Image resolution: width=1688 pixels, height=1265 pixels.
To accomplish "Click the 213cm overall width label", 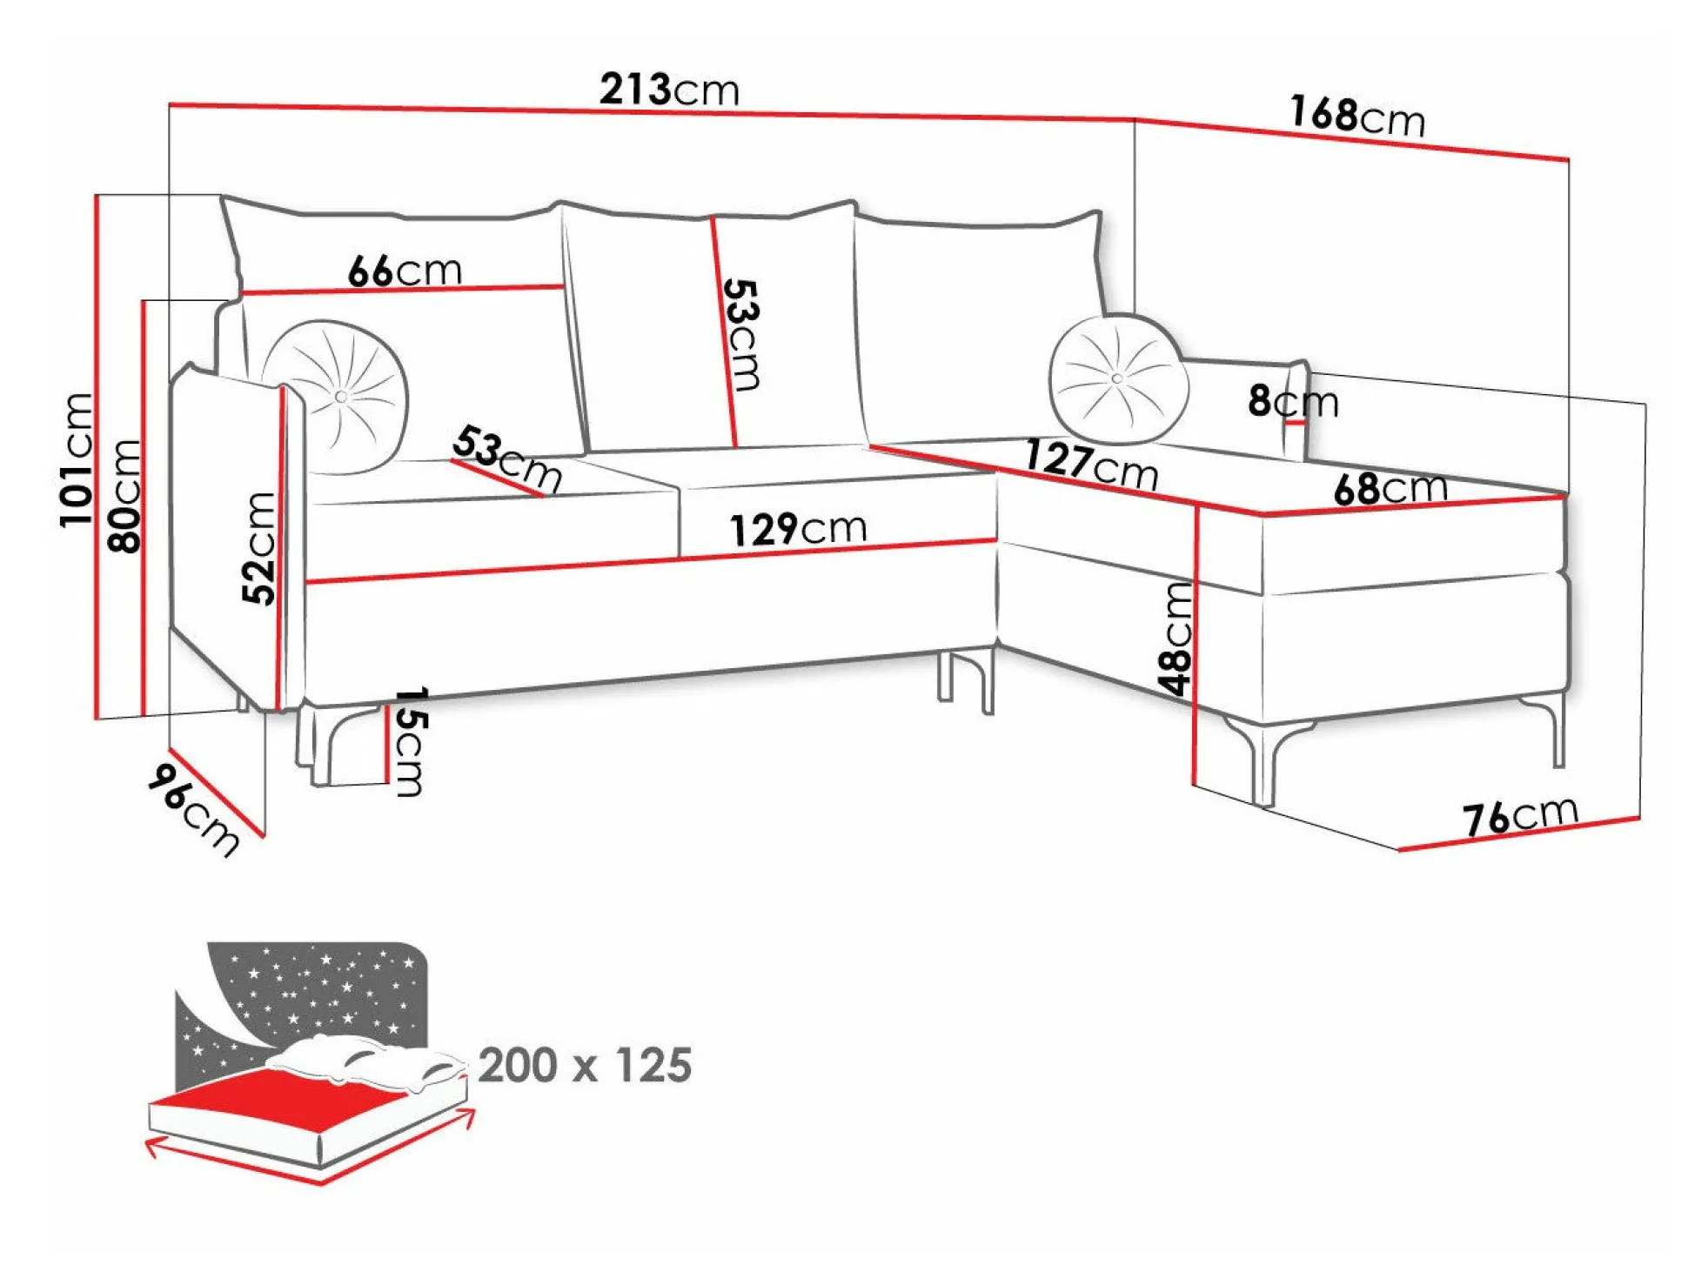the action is coord(669,89).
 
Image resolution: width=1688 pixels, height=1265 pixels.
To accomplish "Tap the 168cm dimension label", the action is coord(1357,116).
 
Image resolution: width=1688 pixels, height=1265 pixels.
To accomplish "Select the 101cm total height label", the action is coord(77,459).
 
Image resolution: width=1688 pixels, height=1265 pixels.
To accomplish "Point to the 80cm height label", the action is coord(124,496).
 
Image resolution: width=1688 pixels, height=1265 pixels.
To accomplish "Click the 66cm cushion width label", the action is coord(405,271).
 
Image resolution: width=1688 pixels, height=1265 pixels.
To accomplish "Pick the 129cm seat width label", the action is coord(798,529).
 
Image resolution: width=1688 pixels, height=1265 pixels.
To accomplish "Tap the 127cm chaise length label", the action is coord(1091,465).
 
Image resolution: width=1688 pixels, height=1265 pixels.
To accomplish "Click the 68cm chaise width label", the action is coord(1390,488).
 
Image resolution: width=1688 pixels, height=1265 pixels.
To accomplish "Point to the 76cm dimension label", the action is coord(1520,817).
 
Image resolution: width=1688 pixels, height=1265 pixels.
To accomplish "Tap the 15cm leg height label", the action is coord(409,742).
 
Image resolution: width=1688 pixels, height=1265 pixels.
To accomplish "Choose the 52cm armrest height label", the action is coord(258,548).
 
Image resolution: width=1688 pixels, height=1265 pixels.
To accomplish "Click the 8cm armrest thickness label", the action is coord(1293,401).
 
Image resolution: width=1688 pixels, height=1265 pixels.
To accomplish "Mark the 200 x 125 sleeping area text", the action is coord(585,1065).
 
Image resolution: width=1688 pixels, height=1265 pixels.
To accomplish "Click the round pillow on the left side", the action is coord(336,397).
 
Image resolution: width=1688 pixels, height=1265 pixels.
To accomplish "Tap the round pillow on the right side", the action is coord(1118,379).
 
